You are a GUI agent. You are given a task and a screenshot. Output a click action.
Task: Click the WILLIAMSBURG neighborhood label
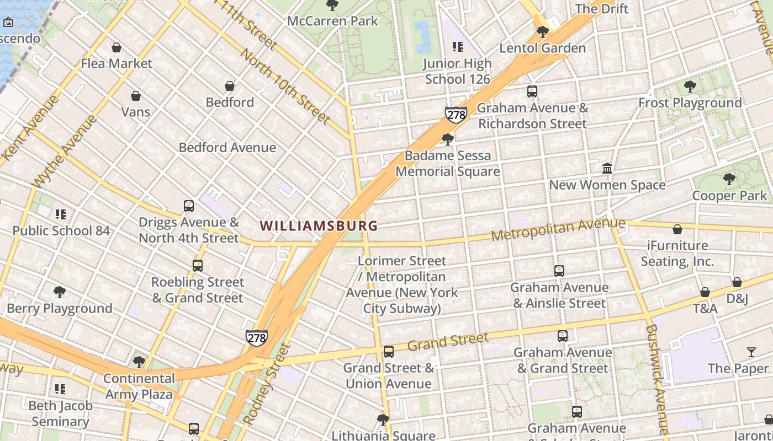[319, 225]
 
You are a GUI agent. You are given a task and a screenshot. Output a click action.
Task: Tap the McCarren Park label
[332, 21]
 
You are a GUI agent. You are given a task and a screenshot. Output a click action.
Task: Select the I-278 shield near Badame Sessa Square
[456, 115]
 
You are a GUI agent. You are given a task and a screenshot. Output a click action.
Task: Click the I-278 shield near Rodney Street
[257, 337]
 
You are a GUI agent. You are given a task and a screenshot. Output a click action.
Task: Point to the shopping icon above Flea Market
[117, 48]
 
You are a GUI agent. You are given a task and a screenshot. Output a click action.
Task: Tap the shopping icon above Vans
[136, 96]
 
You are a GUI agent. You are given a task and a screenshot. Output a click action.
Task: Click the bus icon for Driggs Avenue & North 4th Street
[189, 206]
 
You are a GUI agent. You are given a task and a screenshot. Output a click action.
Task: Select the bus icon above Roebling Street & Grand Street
[198, 266]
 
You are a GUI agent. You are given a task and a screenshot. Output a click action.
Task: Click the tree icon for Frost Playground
[690, 87]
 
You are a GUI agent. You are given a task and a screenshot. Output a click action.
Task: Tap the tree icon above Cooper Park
[729, 179]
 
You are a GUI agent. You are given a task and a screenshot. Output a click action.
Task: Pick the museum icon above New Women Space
[607, 168]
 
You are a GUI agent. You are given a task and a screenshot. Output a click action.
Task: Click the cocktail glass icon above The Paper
[751, 352]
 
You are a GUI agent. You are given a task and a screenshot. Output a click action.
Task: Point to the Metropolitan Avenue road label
[558, 229]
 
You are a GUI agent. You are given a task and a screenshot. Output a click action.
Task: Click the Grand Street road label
[448, 342]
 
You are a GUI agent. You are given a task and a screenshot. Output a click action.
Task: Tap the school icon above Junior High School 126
[457, 47]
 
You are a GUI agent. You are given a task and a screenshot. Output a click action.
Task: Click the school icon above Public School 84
[61, 214]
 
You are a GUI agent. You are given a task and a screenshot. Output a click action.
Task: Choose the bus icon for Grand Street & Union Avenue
[389, 351]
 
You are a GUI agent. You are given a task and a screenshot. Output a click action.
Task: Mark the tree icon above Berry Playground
[59, 292]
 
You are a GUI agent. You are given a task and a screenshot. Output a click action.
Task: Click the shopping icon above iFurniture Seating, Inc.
[677, 229]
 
